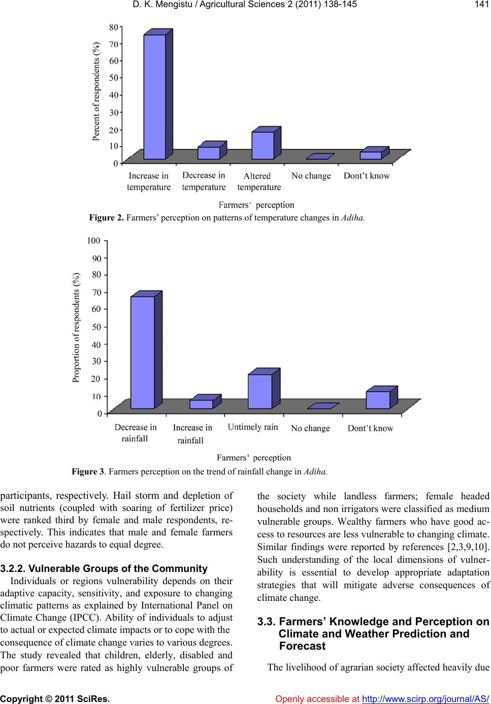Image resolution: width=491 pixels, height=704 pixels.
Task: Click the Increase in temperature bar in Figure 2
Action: [154, 97]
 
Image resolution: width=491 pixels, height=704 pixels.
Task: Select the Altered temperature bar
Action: [263, 146]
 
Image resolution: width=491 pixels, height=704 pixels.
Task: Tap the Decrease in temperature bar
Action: [209, 153]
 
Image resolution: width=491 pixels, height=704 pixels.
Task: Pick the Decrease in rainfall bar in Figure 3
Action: [143, 352]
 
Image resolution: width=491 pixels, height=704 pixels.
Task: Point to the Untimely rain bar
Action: [260, 391]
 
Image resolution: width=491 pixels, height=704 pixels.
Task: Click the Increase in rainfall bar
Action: [202, 404]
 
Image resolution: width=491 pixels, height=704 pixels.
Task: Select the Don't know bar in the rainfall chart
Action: [378, 400]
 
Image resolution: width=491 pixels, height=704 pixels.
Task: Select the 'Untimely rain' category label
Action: [253, 427]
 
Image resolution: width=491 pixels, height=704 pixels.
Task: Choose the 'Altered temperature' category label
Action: [258, 181]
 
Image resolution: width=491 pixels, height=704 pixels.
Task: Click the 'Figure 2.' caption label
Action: [106, 218]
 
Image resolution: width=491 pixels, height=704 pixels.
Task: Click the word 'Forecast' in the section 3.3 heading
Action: [302, 646]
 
